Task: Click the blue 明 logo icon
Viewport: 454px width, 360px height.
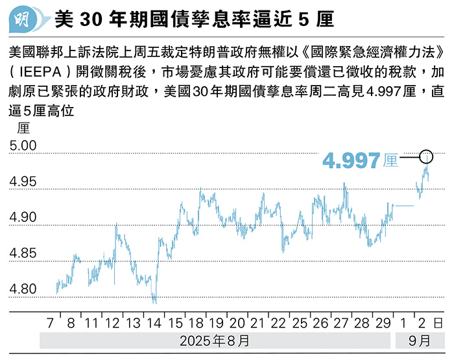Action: pos(25,19)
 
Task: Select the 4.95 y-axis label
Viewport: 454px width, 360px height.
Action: pos(24,182)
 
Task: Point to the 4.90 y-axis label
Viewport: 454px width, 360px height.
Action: pos(24,218)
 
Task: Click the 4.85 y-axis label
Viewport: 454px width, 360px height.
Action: pos(24,254)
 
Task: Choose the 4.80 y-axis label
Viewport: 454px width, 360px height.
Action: pos(24,289)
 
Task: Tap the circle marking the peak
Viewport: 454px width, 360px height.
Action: pos(426,156)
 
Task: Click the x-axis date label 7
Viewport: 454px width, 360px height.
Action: pos(51,322)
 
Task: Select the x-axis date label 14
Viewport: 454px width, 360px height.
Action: pos(154,322)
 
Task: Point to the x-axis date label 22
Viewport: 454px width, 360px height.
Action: pos(278,322)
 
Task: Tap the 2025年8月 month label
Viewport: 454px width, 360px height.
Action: pos(216,340)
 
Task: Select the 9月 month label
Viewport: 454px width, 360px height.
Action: pos(419,340)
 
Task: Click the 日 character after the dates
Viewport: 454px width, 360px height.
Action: pos(438,322)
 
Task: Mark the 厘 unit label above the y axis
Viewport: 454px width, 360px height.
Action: pos(24,128)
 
